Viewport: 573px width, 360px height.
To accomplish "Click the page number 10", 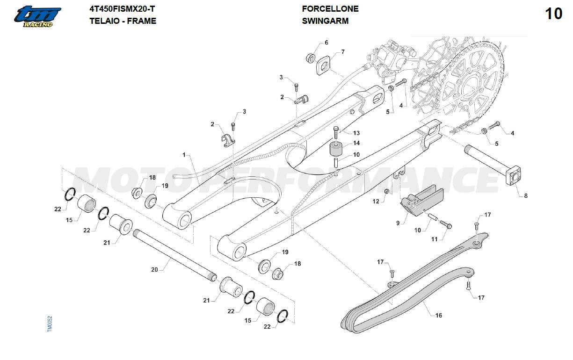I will click(x=554, y=14).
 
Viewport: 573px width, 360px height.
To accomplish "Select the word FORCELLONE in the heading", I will click(x=330, y=9).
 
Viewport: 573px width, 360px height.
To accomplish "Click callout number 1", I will click(x=184, y=154).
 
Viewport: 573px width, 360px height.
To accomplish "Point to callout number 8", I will click(x=525, y=196).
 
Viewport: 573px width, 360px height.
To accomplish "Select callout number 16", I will click(x=439, y=316).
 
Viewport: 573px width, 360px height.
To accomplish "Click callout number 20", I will click(x=154, y=269).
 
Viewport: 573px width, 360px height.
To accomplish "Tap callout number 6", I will click(x=326, y=43).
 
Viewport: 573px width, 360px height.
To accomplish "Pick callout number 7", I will click(x=343, y=52).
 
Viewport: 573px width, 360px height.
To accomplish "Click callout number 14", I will click(x=356, y=143).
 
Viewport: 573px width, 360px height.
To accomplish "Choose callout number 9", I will click(x=398, y=223).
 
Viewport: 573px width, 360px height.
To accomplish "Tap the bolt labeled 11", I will click(x=446, y=226).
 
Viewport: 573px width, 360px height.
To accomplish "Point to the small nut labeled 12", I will click(x=387, y=192).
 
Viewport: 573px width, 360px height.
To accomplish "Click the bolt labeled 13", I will click(x=336, y=132).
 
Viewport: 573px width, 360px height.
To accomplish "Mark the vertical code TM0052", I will click(x=50, y=324).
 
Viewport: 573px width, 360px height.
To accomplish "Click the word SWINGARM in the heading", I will click(x=325, y=21).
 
